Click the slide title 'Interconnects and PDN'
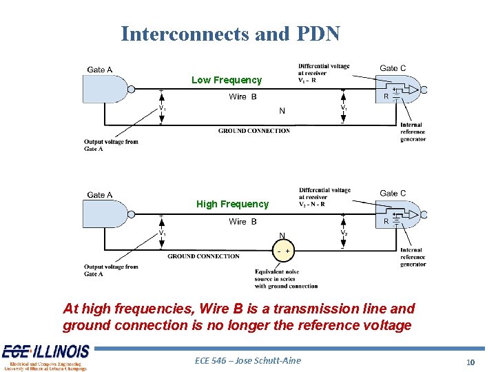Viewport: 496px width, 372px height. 230,34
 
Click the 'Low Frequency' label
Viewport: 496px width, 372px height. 227,80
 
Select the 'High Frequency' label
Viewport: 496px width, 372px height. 232,204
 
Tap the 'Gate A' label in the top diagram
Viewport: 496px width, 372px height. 100,70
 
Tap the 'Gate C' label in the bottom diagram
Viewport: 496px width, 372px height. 393,194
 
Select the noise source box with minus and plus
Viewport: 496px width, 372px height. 283,251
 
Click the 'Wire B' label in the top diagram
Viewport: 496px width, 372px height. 242,97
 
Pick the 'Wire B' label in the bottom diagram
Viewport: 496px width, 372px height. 242,222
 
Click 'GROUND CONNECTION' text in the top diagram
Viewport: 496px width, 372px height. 254,131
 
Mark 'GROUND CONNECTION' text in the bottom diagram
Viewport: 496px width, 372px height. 203,256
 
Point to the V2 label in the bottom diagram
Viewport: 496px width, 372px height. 344,233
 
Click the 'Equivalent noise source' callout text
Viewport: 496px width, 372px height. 286,279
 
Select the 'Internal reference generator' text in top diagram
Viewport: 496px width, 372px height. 413,132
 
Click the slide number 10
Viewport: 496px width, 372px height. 471,362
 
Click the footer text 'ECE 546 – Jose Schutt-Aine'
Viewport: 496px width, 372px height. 248,360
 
